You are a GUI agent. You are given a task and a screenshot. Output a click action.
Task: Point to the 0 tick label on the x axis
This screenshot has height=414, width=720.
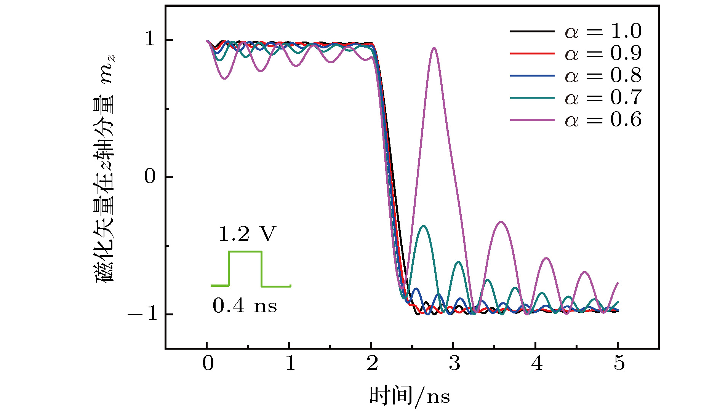pos(208,363)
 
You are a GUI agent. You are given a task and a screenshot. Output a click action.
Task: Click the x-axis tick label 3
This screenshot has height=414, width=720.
pos(454,363)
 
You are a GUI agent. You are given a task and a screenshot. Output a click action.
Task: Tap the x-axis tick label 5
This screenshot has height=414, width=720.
pos(619,363)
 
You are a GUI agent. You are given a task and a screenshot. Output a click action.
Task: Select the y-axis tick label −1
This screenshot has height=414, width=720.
pos(142,314)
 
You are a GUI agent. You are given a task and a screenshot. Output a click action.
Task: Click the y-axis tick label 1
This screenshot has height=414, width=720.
pos(150,39)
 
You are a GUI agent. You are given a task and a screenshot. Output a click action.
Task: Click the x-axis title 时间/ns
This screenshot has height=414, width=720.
pos(410,396)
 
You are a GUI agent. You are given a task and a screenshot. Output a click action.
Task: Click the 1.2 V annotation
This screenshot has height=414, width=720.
pos(246,234)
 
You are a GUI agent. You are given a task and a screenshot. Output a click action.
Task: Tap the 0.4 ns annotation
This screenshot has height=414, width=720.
pos(245,306)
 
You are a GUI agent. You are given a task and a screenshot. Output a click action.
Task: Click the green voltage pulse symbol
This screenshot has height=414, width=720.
pos(245,269)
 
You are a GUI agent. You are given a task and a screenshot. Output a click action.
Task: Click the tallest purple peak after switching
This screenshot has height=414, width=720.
pos(434,48)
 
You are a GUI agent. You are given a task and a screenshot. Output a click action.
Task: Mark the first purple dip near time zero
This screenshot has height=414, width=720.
pos(225,78)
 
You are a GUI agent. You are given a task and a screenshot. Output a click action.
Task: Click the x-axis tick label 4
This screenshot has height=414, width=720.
pos(537,363)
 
